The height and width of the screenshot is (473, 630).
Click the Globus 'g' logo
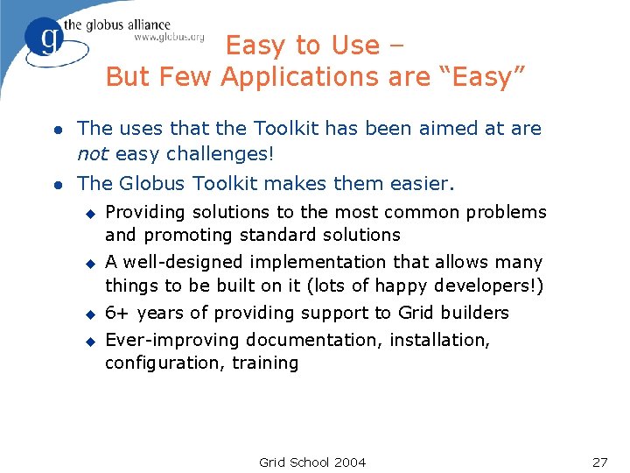[44, 39]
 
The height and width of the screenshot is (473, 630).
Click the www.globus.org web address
[169, 37]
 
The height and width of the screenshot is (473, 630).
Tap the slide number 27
[599, 462]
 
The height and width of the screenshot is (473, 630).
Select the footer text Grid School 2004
[312, 462]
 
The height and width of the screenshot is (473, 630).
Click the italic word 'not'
[92, 154]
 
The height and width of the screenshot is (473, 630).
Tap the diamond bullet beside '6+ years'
[88, 314]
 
